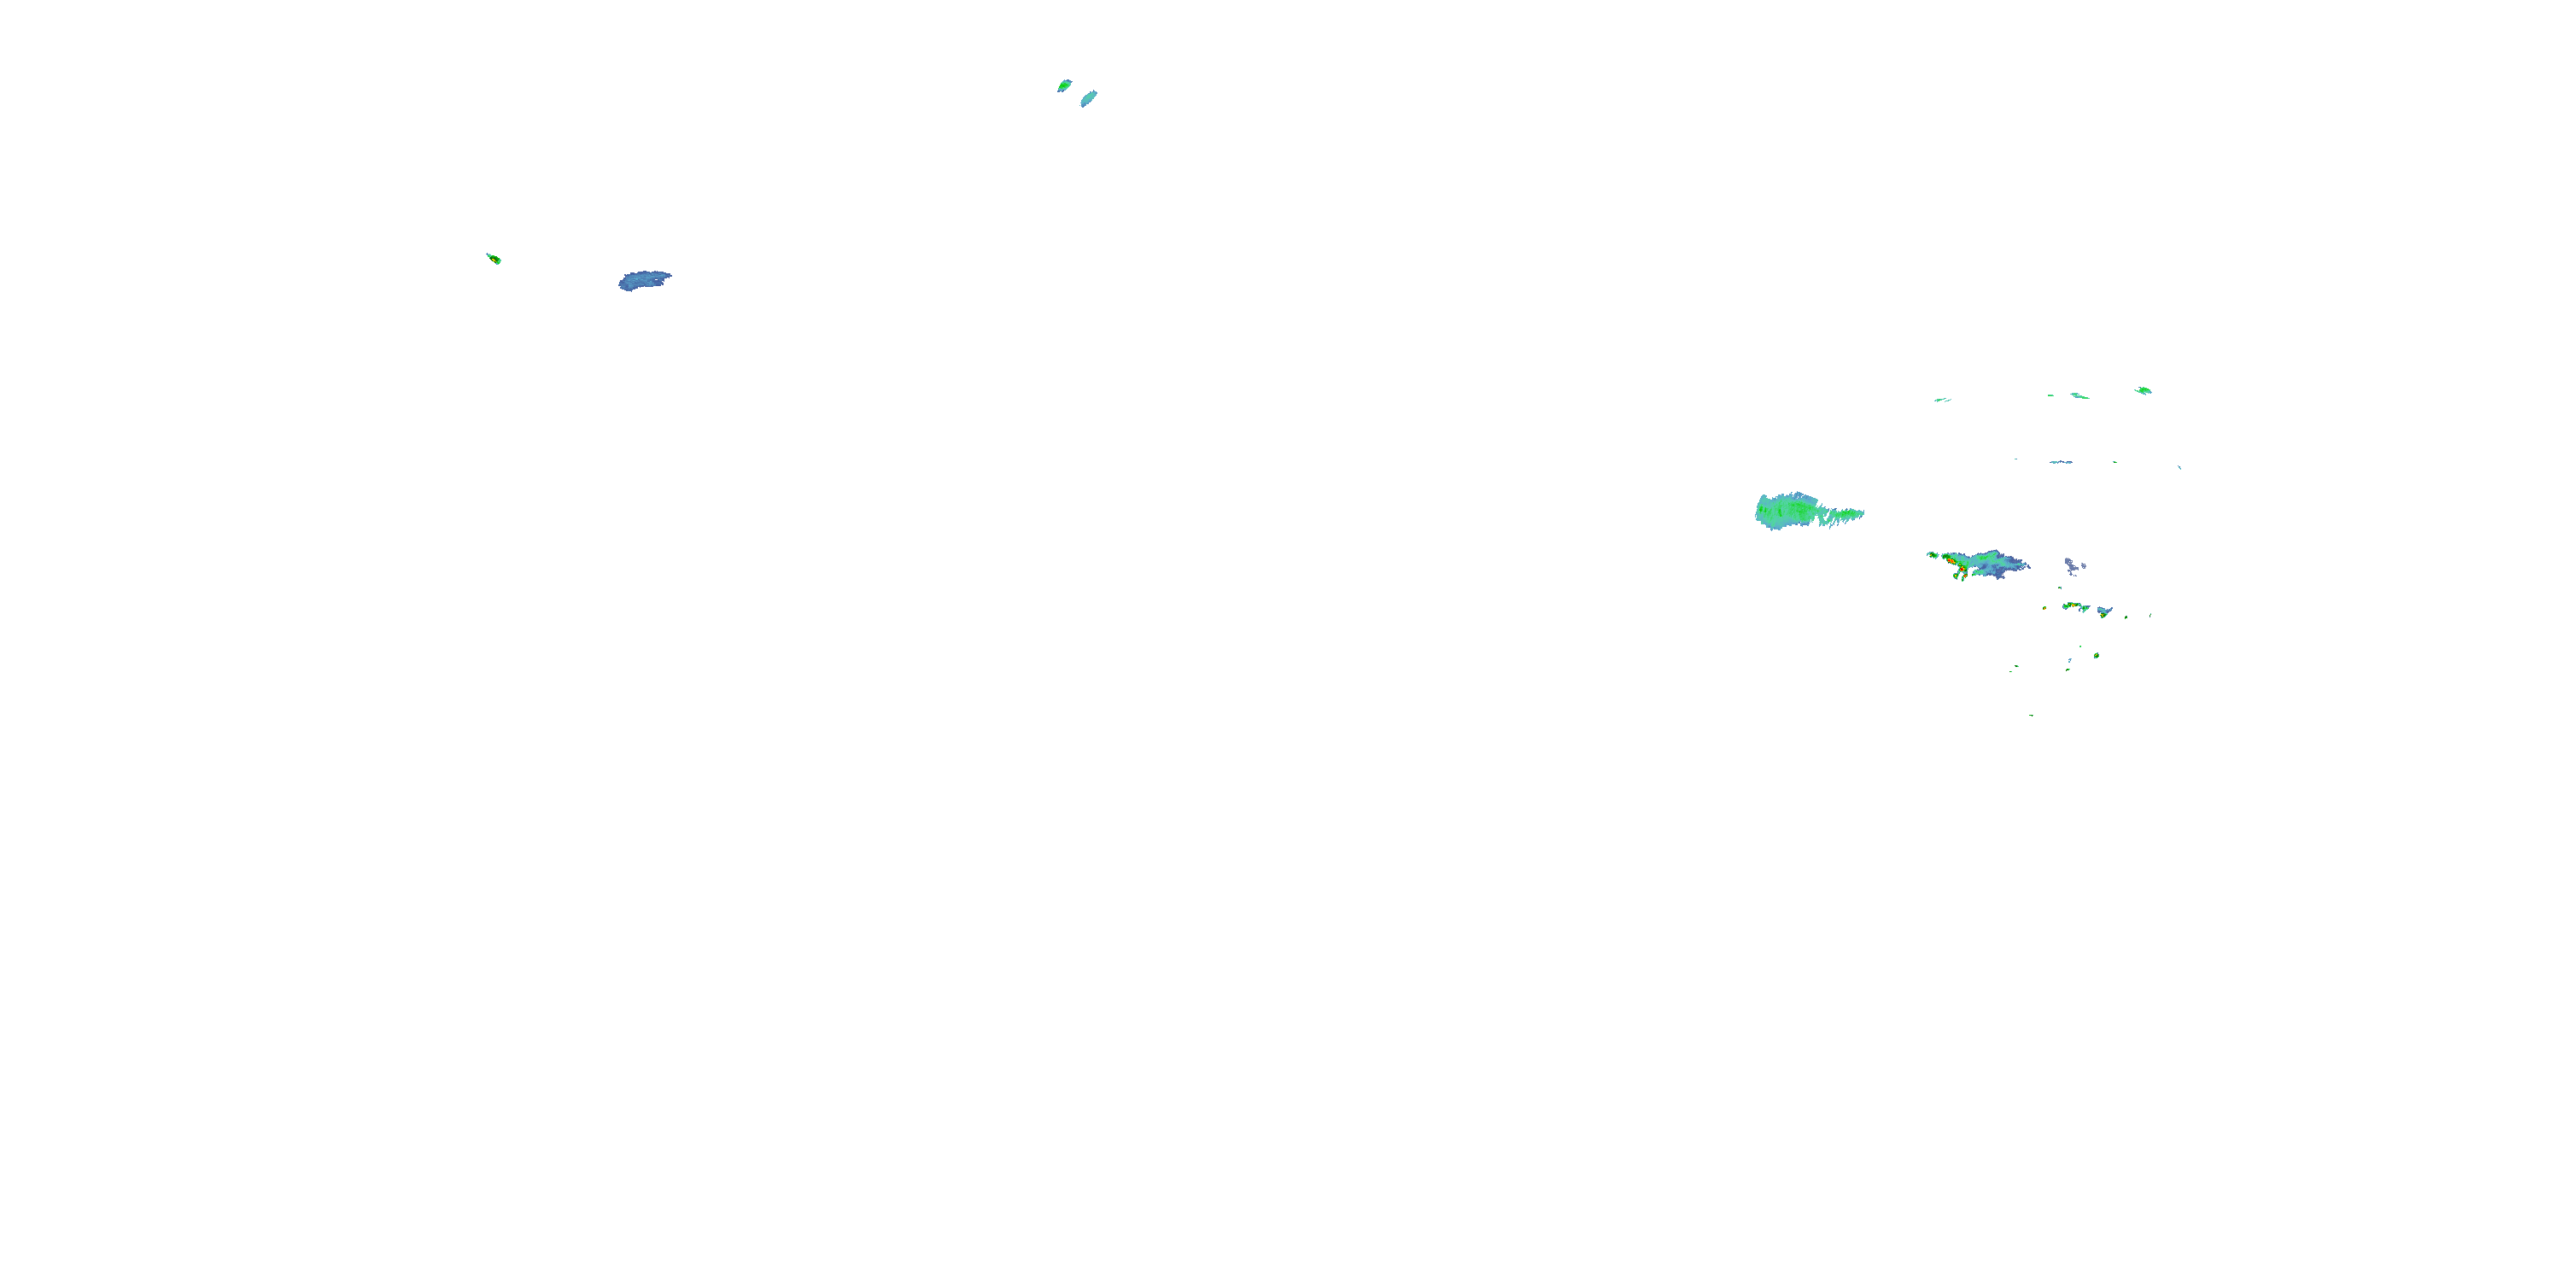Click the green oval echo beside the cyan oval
click(1064, 85)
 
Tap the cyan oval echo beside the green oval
click(1088, 97)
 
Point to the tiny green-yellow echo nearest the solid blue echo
click(494, 259)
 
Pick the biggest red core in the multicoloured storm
click(1954, 563)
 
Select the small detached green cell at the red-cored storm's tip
click(1932, 554)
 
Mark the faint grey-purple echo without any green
click(2073, 567)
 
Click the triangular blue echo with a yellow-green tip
click(2103, 611)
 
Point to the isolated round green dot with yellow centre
click(2096, 655)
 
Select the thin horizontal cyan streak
click(2061, 461)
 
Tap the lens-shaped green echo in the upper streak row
click(2143, 390)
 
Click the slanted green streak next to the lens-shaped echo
click(2079, 396)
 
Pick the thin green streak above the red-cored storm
click(1941, 400)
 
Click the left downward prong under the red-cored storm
click(1957, 576)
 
